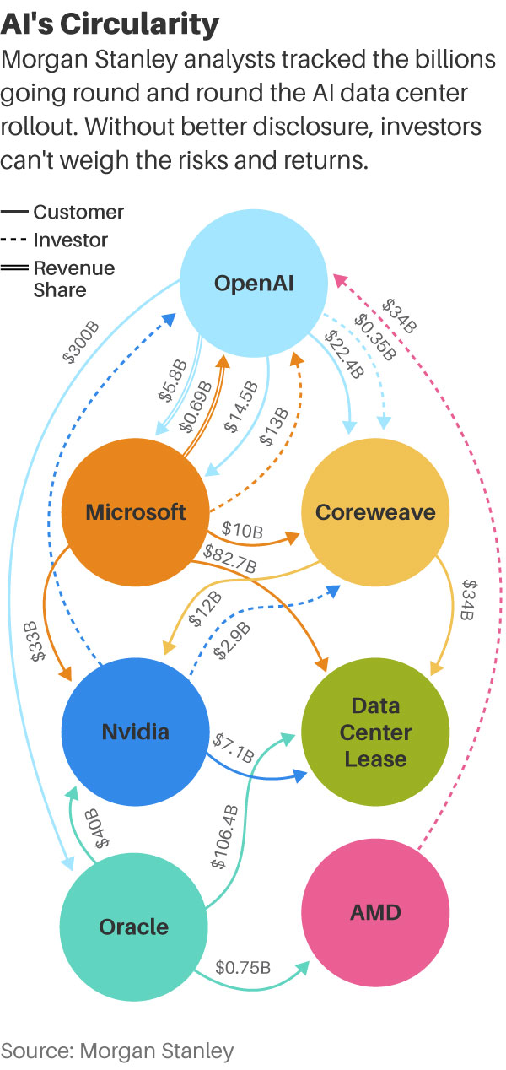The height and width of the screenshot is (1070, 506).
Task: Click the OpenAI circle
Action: pyautogui.click(x=254, y=282)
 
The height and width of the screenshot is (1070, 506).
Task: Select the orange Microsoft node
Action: pyautogui.click(x=135, y=511)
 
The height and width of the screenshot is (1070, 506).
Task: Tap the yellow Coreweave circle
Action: pyautogui.click(x=375, y=511)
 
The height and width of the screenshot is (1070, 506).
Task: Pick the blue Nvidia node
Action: pyautogui.click(x=135, y=731)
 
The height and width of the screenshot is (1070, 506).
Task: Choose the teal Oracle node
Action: pyautogui.click(x=135, y=927)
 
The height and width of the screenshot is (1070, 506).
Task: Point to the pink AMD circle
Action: pyautogui.click(x=375, y=911)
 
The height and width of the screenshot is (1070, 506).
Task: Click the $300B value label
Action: pyautogui.click(x=81, y=339)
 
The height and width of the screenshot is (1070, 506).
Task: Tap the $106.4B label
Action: pyautogui.click(x=225, y=836)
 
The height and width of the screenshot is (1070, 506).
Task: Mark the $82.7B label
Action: pyautogui.click(x=231, y=560)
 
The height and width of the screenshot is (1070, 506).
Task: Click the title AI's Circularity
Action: pyautogui.click(x=110, y=24)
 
